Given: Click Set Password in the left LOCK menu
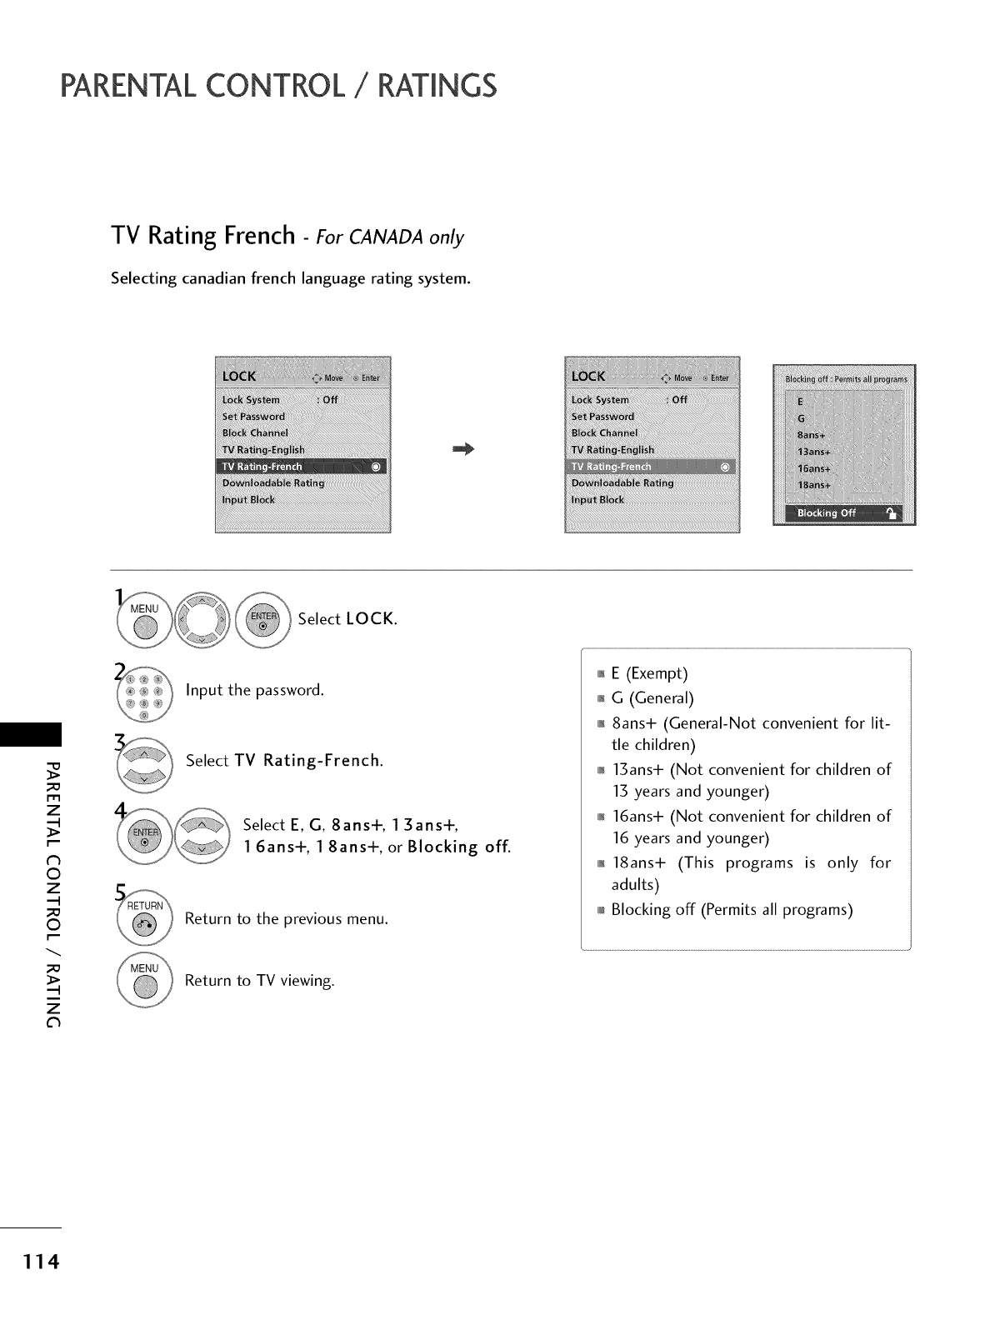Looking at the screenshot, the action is coord(253,417).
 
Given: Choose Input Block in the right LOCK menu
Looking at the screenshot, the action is coord(597,500).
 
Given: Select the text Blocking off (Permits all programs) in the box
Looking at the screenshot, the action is coord(732,909).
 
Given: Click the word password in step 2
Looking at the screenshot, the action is coord(288,690).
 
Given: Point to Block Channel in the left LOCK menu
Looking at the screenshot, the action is coord(255,433).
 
